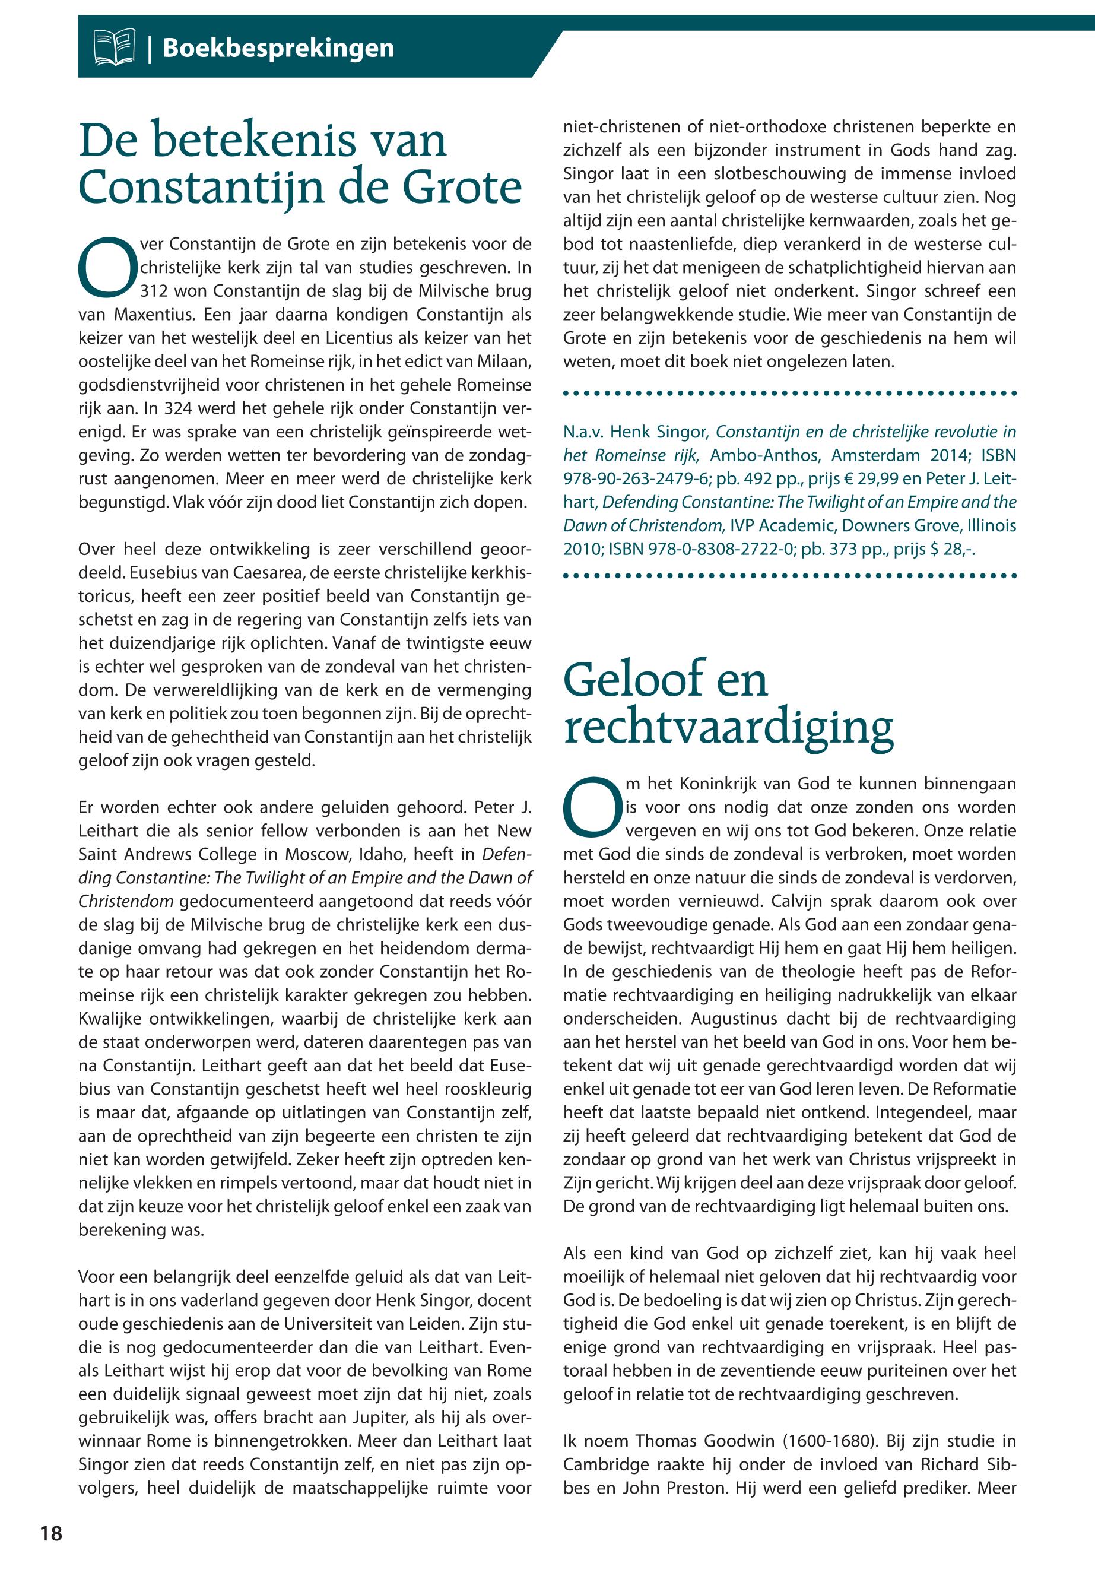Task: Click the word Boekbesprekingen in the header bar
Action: [x=278, y=48]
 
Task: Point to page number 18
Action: [x=51, y=1533]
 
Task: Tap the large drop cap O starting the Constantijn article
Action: [x=107, y=267]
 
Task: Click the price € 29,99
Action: [x=869, y=478]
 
